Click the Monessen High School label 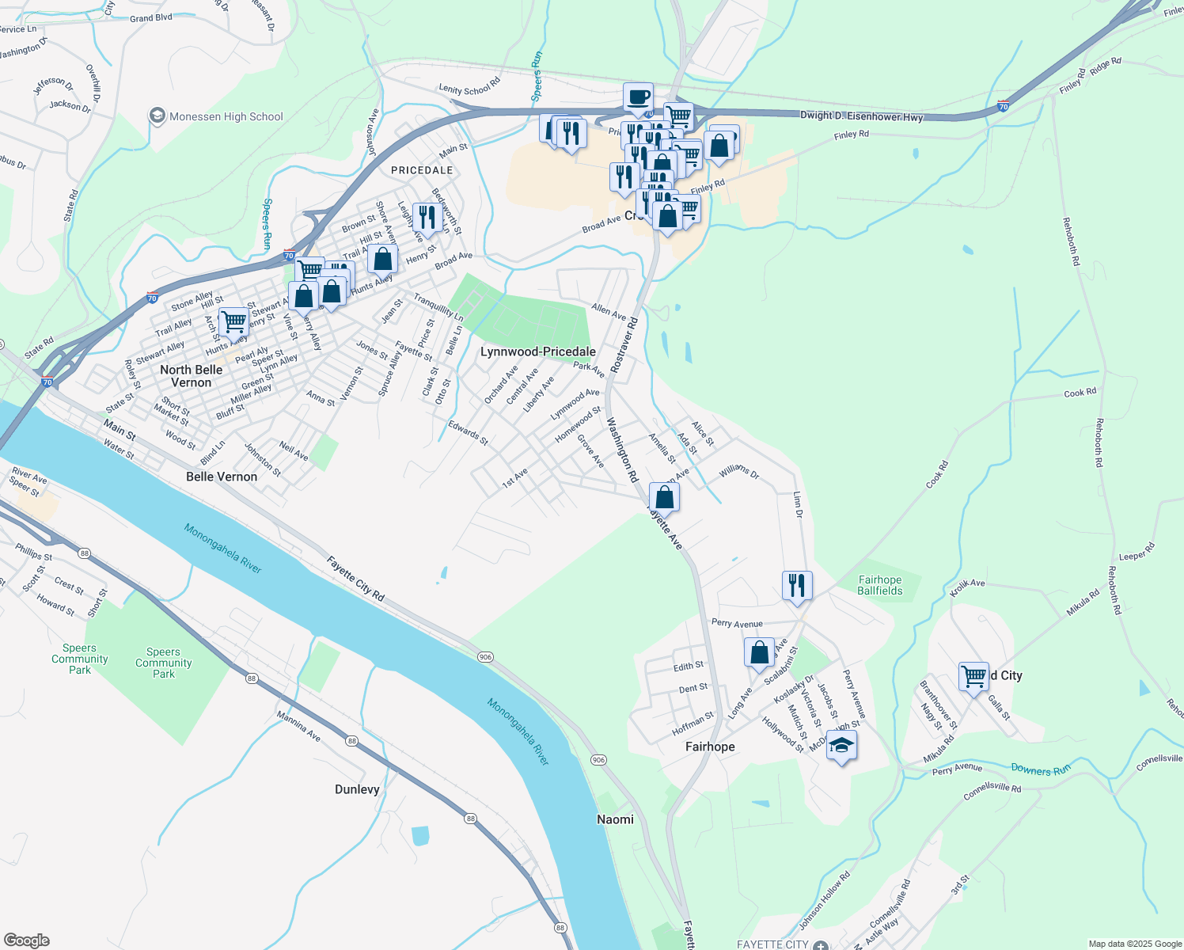pos(226,116)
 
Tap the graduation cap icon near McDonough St pos(841,746)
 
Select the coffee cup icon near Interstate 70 pos(638,98)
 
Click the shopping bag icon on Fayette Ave pos(664,497)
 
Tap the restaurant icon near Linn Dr pos(797,586)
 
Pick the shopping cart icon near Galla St pos(973,676)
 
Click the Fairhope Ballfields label pos(879,585)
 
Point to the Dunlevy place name pos(357,789)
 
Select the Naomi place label pos(615,819)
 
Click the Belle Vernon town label pos(222,477)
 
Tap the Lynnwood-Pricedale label pos(538,351)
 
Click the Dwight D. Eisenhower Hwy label pos(861,116)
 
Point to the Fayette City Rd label pos(356,579)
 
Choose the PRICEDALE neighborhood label pos(422,170)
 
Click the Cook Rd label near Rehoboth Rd pos(1080,393)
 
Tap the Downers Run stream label pos(1040,769)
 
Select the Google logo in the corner pos(26,940)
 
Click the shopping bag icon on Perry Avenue pos(759,653)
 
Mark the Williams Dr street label pos(739,473)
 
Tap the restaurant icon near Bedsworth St pos(427,218)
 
